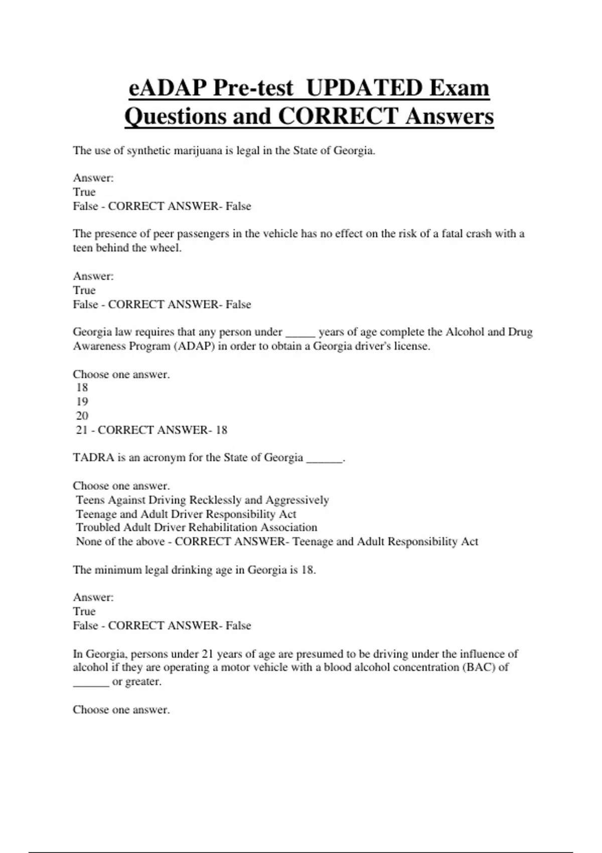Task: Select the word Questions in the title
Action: (x=175, y=116)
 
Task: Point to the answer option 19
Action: (x=82, y=401)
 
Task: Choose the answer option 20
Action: (x=82, y=415)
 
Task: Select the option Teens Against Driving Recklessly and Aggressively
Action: (x=202, y=500)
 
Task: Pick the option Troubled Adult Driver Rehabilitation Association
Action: (x=196, y=527)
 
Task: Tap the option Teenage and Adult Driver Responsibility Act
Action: (x=186, y=514)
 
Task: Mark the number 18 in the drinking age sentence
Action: (x=307, y=570)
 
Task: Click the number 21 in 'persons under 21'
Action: (x=208, y=654)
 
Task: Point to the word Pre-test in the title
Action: (x=253, y=88)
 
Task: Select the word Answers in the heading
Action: (x=449, y=116)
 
